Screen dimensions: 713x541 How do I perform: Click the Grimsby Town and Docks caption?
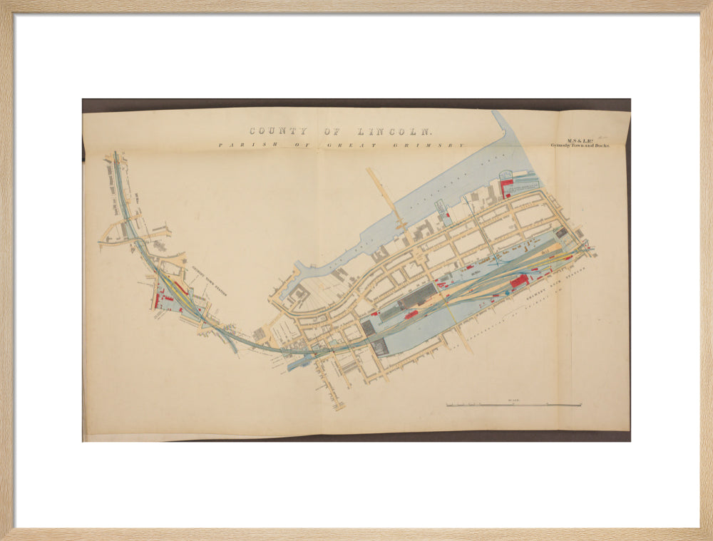click(x=580, y=145)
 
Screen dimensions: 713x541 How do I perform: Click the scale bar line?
click(x=513, y=406)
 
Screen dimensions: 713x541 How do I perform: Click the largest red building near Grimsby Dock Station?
click(x=519, y=280)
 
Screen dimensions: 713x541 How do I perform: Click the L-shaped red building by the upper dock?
click(x=506, y=187)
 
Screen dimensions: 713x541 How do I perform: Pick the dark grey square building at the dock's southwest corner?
click(x=380, y=347)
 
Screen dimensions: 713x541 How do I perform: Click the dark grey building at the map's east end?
click(x=562, y=232)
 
